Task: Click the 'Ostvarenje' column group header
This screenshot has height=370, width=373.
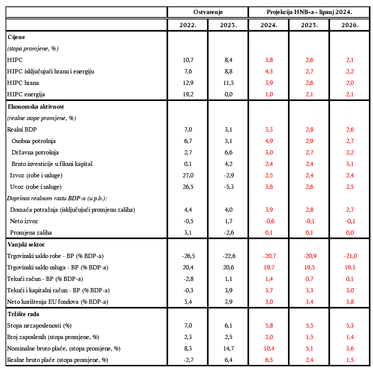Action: (x=208, y=12)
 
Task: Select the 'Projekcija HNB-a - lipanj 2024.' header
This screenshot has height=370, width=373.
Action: (x=309, y=12)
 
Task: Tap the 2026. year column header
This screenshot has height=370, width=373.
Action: (x=350, y=25)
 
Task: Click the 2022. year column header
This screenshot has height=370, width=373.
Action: (x=188, y=25)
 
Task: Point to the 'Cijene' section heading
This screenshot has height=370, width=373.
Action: (x=17, y=37)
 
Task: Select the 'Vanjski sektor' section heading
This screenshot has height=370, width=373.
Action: (x=26, y=244)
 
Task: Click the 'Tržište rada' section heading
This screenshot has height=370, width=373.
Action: (x=24, y=314)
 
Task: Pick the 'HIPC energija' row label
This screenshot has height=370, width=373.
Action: (x=26, y=94)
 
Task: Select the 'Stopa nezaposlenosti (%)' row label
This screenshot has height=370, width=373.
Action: (x=40, y=325)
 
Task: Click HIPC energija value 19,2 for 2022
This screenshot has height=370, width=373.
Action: (x=188, y=94)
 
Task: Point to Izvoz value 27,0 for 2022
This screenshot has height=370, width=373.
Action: (x=188, y=175)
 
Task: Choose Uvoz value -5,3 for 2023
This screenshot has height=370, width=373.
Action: (x=228, y=187)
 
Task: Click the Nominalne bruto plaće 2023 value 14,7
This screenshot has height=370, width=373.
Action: (x=228, y=348)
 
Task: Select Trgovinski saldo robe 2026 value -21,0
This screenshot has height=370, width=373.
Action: (x=350, y=256)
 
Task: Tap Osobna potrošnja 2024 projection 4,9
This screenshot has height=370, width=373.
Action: (x=268, y=141)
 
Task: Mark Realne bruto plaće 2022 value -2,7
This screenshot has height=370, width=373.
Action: (x=188, y=360)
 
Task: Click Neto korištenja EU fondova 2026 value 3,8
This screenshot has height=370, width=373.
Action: (x=350, y=302)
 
